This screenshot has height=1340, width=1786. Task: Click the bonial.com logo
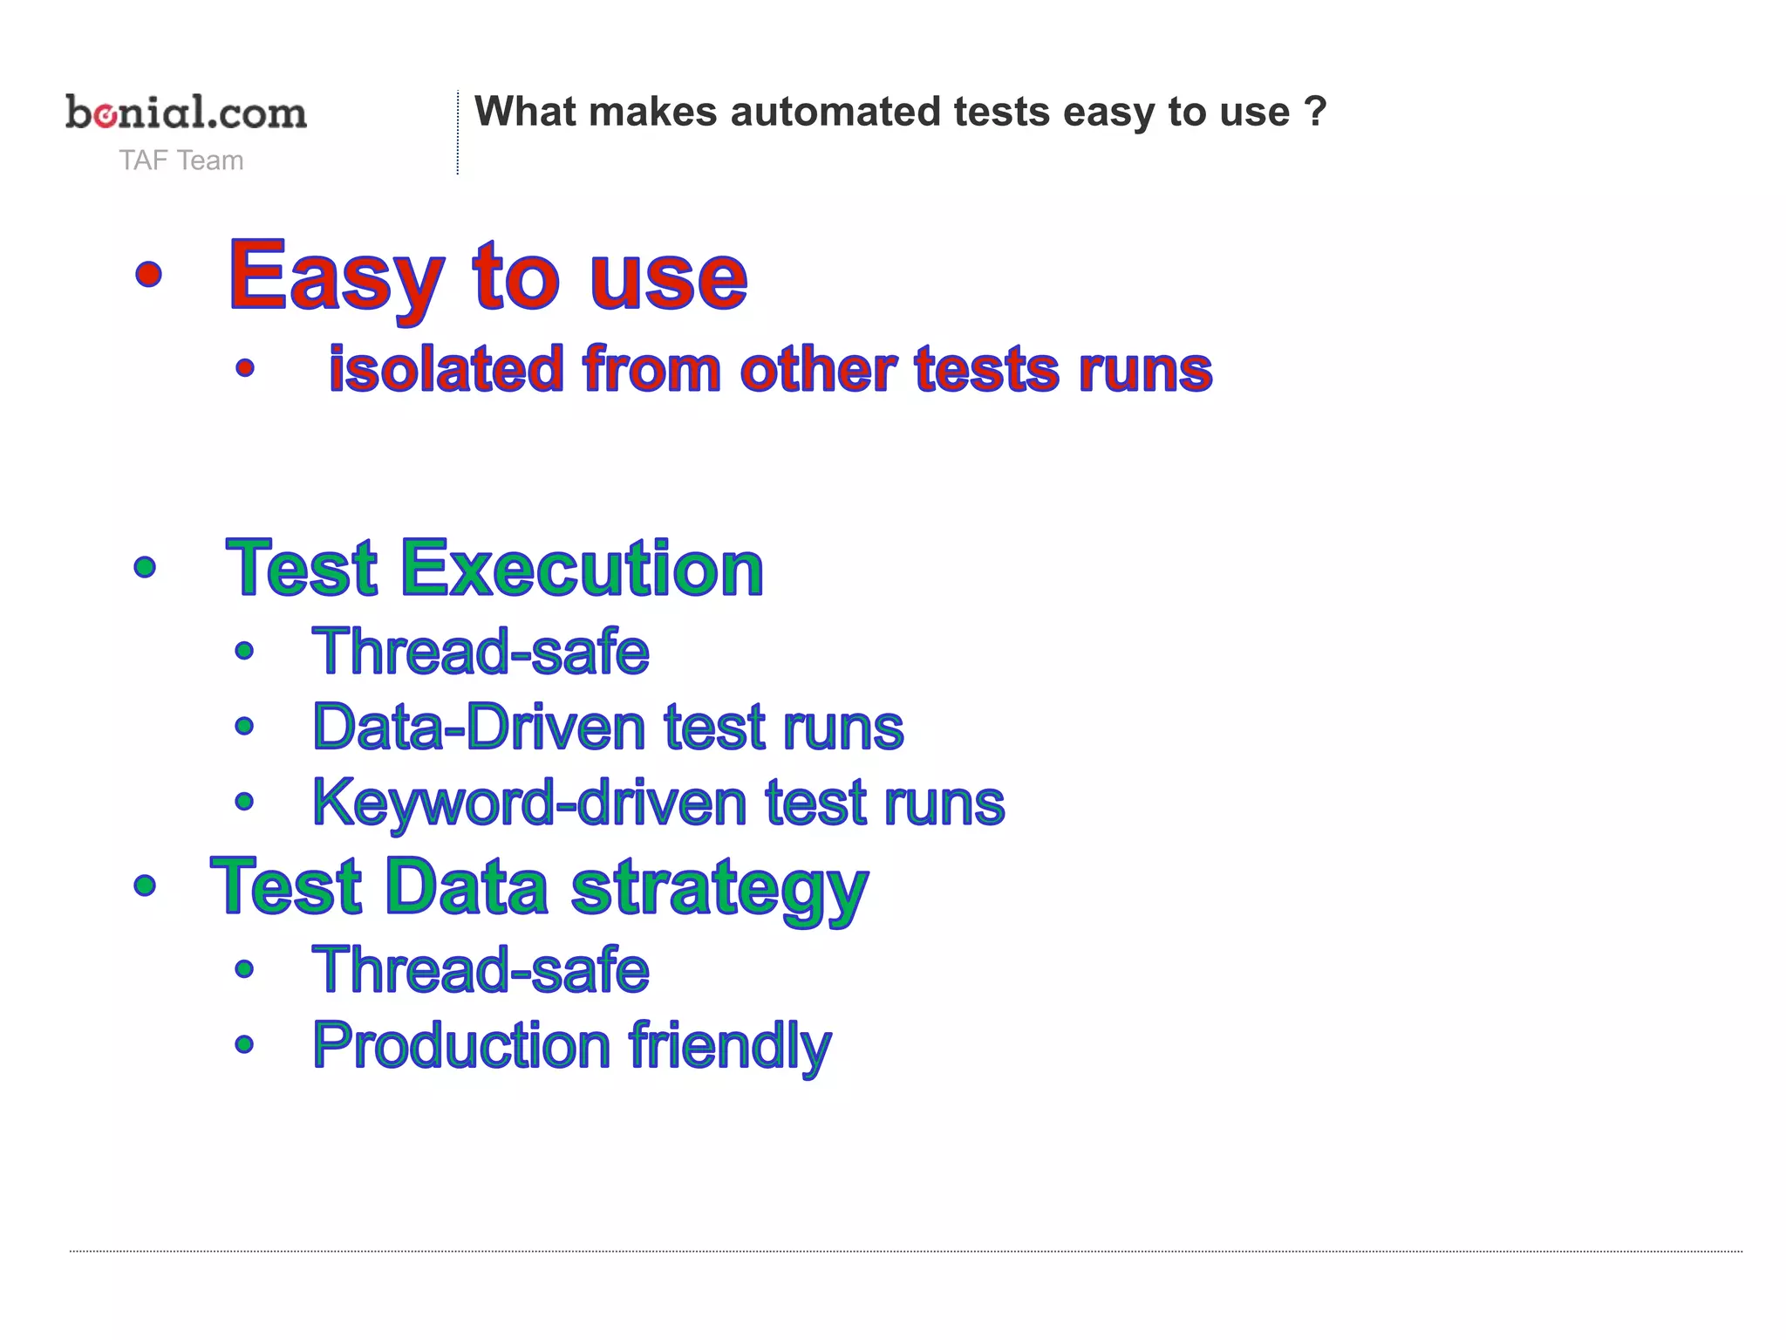(186, 113)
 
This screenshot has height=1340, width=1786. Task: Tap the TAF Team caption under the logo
(181, 161)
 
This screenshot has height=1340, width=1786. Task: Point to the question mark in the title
(1315, 112)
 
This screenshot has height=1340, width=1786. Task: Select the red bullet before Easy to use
(149, 274)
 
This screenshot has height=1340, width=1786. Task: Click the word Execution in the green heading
(582, 569)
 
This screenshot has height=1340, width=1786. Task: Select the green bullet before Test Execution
(146, 568)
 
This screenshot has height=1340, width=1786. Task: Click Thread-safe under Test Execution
(481, 652)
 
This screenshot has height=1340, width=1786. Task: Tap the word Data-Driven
(479, 727)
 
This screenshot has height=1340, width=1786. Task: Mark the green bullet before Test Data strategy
(146, 886)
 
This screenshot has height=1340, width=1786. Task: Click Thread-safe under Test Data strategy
(481, 970)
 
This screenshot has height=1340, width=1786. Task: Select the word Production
(461, 1045)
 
